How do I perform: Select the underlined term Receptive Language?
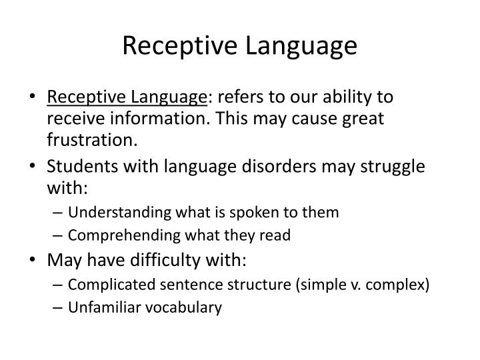pos(127,97)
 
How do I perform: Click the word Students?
pos(78,167)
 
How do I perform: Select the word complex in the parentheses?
pos(399,285)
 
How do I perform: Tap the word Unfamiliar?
pos(100,307)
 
